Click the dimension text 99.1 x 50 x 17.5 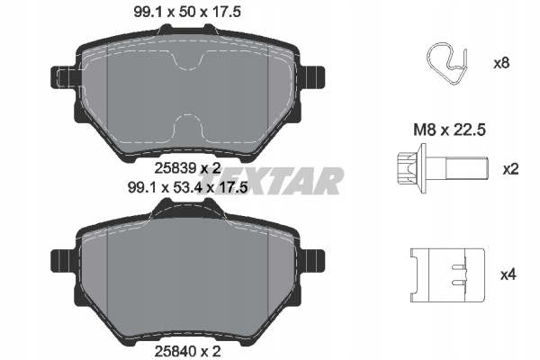pyautogui.click(x=187, y=13)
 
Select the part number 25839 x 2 pyautogui.click(x=187, y=168)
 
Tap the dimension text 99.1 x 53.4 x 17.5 pyautogui.click(x=188, y=188)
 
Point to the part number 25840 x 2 pyautogui.click(x=187, y=351)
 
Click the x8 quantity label pyautogui.click(x=501, y=63)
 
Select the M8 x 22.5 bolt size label pyautogui.click(x=449, y=130)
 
